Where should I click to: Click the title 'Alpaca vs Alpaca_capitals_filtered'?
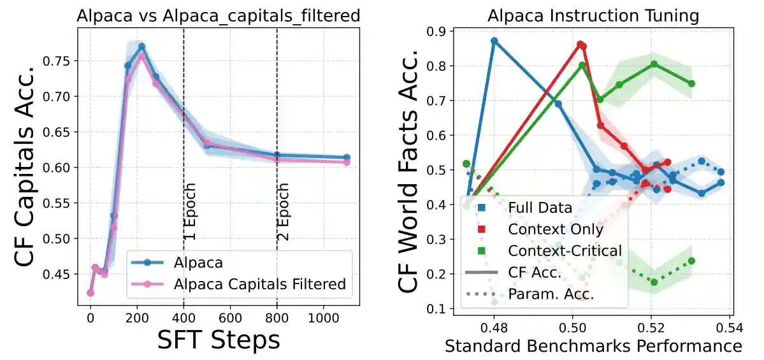click(x=218, y=17)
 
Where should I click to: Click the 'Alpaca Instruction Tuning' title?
click(x=593, y=17)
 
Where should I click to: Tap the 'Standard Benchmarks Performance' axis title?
click(x=593, y=346)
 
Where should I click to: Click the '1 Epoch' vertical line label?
click(x=190, y=212)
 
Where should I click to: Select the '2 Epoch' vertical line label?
click(x=284, y=212)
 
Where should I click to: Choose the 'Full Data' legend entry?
click(x=540, y=208)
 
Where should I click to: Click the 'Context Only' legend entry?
click(x=555, y=229)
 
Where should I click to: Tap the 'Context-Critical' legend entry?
click(x=564, y=251)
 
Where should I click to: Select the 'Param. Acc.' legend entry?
click(x=551, y=294)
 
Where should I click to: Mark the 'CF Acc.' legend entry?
click(x=535, y=273)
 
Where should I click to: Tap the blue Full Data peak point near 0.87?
click(x=494, y=41)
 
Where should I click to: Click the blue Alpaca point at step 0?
click(x=90, y=292)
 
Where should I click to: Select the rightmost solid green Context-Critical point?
click(x=691, y=83)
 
